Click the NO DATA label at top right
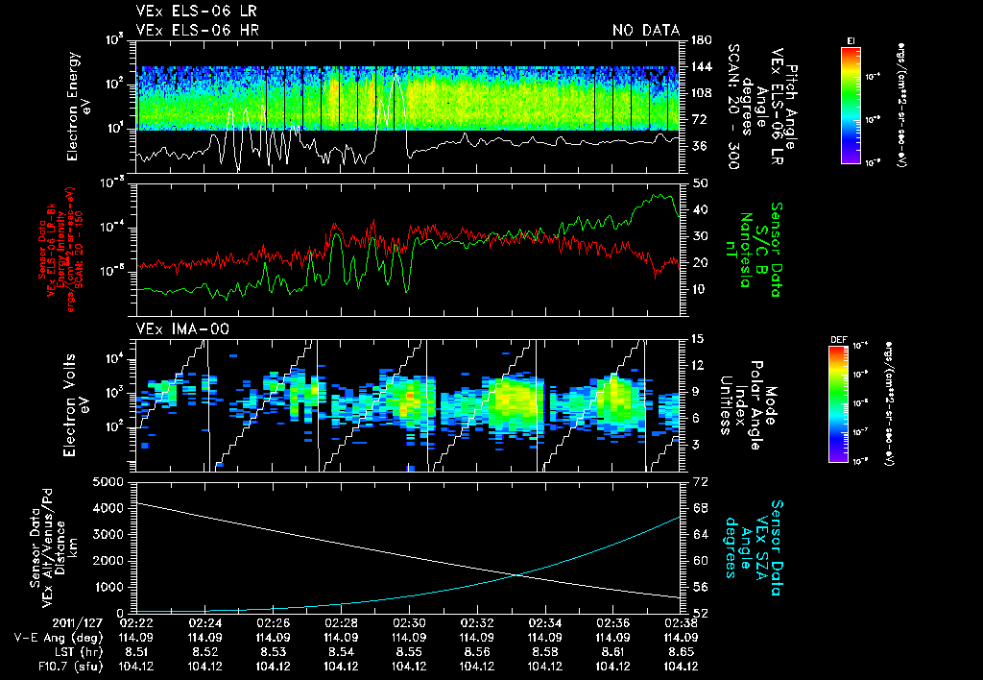tap(645, 31)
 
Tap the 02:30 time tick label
tap(410, 622)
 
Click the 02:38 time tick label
tap(682, 622)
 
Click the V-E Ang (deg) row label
tap(54, 637)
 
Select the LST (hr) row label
tap(64, 651)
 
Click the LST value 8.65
tap(682, 651)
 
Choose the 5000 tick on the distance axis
tap(112, 480)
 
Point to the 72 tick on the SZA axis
tap(700, 480)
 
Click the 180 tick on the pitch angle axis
tap(700, 40)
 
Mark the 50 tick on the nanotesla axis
tap(700, 182)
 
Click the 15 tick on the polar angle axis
tap(698, 339)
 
